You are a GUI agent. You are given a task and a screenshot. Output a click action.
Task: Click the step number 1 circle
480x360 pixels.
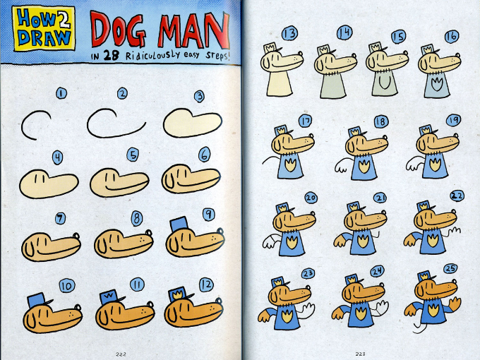tap(61, 93)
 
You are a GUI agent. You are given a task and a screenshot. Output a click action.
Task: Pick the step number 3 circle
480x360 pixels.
tap(200, 95)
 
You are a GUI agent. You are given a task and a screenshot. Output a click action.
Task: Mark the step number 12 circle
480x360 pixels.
tap(205, 284)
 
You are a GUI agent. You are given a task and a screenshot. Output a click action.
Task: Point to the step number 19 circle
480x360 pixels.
tap(452, 120)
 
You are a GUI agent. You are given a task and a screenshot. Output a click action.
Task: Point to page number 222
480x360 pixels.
tap(121, 353)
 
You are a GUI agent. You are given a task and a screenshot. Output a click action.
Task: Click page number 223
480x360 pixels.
tap(360, 353)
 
